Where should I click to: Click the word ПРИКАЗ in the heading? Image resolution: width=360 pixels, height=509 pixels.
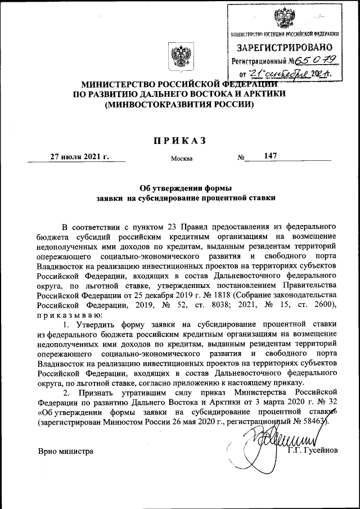click(180, 140)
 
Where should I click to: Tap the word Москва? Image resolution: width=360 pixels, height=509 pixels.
click(182, 158)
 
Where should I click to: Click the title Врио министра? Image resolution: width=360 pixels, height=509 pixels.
click(65, 451)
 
